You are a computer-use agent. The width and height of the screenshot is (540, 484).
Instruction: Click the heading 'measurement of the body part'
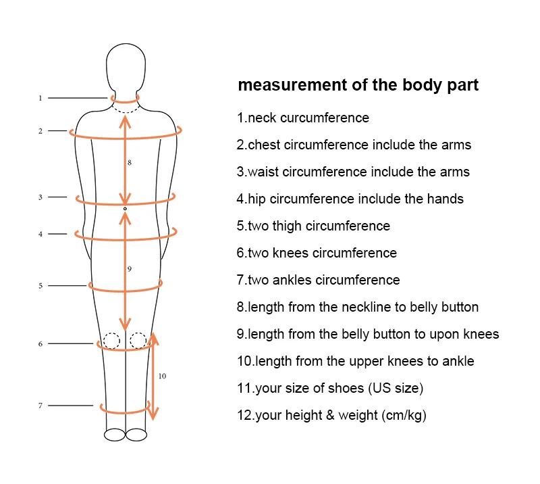[358, 86]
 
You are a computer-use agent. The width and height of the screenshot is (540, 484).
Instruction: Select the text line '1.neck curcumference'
[303, 118]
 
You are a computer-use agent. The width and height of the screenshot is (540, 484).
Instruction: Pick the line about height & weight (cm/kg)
[331, 415]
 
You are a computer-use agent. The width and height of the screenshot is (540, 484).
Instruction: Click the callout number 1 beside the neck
[40, 98]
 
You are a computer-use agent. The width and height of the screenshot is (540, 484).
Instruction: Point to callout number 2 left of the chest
[40, 131]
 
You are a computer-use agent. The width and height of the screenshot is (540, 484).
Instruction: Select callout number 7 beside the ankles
[40, 406]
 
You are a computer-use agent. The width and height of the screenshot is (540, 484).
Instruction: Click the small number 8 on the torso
[129, 163]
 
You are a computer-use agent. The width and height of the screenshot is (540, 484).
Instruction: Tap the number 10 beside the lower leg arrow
[162, 376]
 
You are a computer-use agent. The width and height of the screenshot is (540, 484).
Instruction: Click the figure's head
[126, 68]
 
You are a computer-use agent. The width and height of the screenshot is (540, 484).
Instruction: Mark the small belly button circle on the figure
[126, 211]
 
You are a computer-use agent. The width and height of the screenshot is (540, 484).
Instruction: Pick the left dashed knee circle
[111, 340]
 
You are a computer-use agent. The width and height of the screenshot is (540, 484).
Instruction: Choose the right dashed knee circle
[138, 340]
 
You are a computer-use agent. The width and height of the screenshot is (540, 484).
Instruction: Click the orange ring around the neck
[126, 101]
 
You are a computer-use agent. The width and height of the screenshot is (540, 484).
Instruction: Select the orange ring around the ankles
[124, 410]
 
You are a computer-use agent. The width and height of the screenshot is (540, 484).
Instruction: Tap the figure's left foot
[115, 435]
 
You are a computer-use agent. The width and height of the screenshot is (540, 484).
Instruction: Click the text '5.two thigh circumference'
[313, 226]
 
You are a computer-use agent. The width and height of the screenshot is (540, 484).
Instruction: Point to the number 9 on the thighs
[129, 269]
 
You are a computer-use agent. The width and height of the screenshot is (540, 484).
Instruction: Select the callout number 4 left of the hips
[40, 234]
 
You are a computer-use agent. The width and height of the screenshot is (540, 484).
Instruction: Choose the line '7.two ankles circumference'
[318, 280]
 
